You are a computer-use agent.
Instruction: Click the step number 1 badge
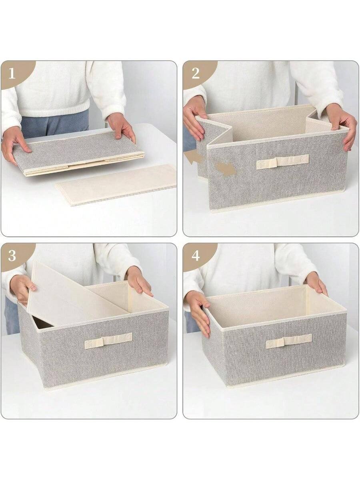click(12, 73)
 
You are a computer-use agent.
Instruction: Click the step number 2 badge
click(195, 73)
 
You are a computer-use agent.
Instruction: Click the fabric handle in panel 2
click(282, 162)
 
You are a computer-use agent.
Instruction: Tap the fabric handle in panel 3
click(108, 340)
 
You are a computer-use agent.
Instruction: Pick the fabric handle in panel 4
click(289, 341)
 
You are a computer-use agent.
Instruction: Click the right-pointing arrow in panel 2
click(226, 168)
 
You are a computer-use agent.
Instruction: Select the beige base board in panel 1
click(116, 185)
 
